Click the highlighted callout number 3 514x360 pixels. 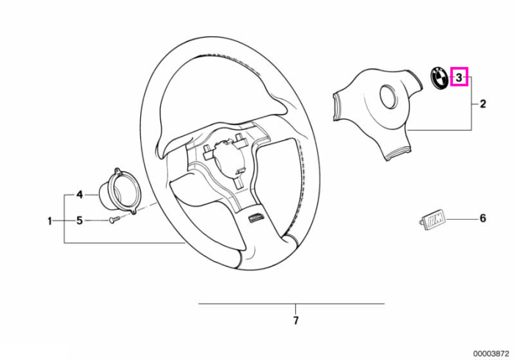pyautogui.click(x=459, y=77)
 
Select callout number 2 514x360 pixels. pyautogui.click(x=482, y=104)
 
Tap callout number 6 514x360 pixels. pyautogui.click(x=482, y=218)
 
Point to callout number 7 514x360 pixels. pyautogui.click(x=296, y=320)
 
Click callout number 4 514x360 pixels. pyautogui.click(x=79, y=195)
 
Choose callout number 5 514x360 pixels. pyautogui.click(x=79, y=220)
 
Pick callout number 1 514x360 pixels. pyautogui.click(x=50, y=221)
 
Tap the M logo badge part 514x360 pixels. pyautogui.click(x=432, y=220)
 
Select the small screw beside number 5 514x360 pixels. pyautogui.click(x=115, y=220)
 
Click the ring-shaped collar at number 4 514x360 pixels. pyautogui.click(x=120, y=191)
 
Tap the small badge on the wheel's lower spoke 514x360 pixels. pyautogui.click(x=257, y=217)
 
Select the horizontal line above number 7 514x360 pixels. pyautogui.click(x=291, y=304)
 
